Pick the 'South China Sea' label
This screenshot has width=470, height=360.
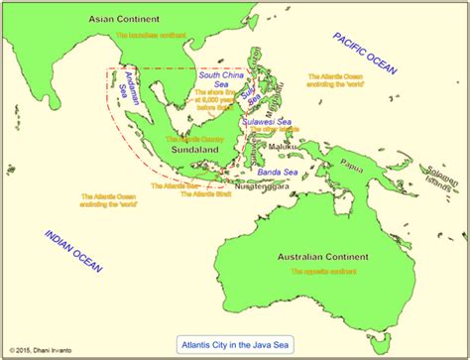pyautogui.click(x=226, y=79)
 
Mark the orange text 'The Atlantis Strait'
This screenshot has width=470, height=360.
pyautogui.click(x=203, y=195)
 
